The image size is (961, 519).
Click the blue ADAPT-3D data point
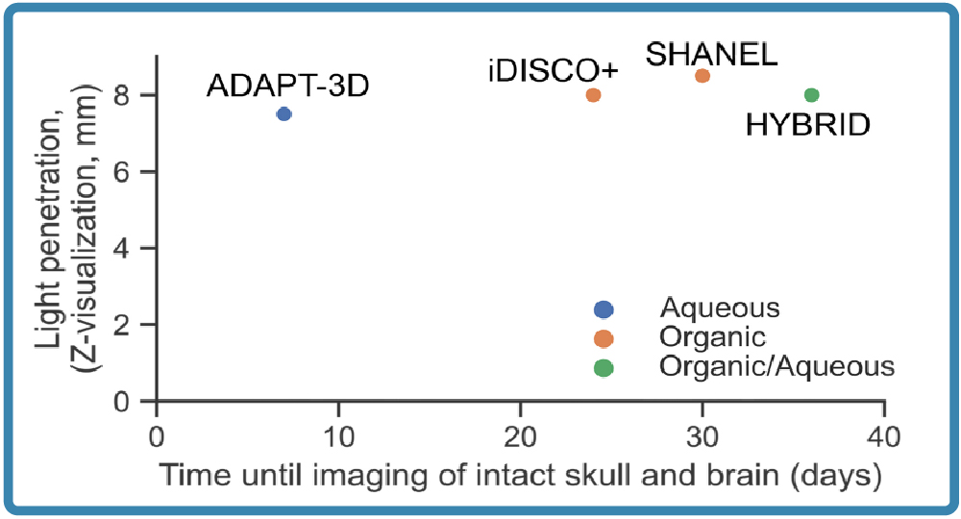click(x=283, y=113)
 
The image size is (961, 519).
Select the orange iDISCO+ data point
click(x=593, y=94)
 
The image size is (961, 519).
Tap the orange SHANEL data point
click(x=702, y=75)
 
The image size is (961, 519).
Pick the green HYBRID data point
click(x=811, y=94)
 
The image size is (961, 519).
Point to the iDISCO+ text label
click(x=553, y=72)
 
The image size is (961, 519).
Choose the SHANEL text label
click(x=711, y=54)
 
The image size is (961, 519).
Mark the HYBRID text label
click(x=808, y=124)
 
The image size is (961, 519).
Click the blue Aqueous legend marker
click(x=604, y=309)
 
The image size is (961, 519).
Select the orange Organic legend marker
click(x=604, y=337)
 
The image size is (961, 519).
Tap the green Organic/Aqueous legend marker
click(x=604, y=366)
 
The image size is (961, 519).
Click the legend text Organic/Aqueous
click(x=777, y=366)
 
